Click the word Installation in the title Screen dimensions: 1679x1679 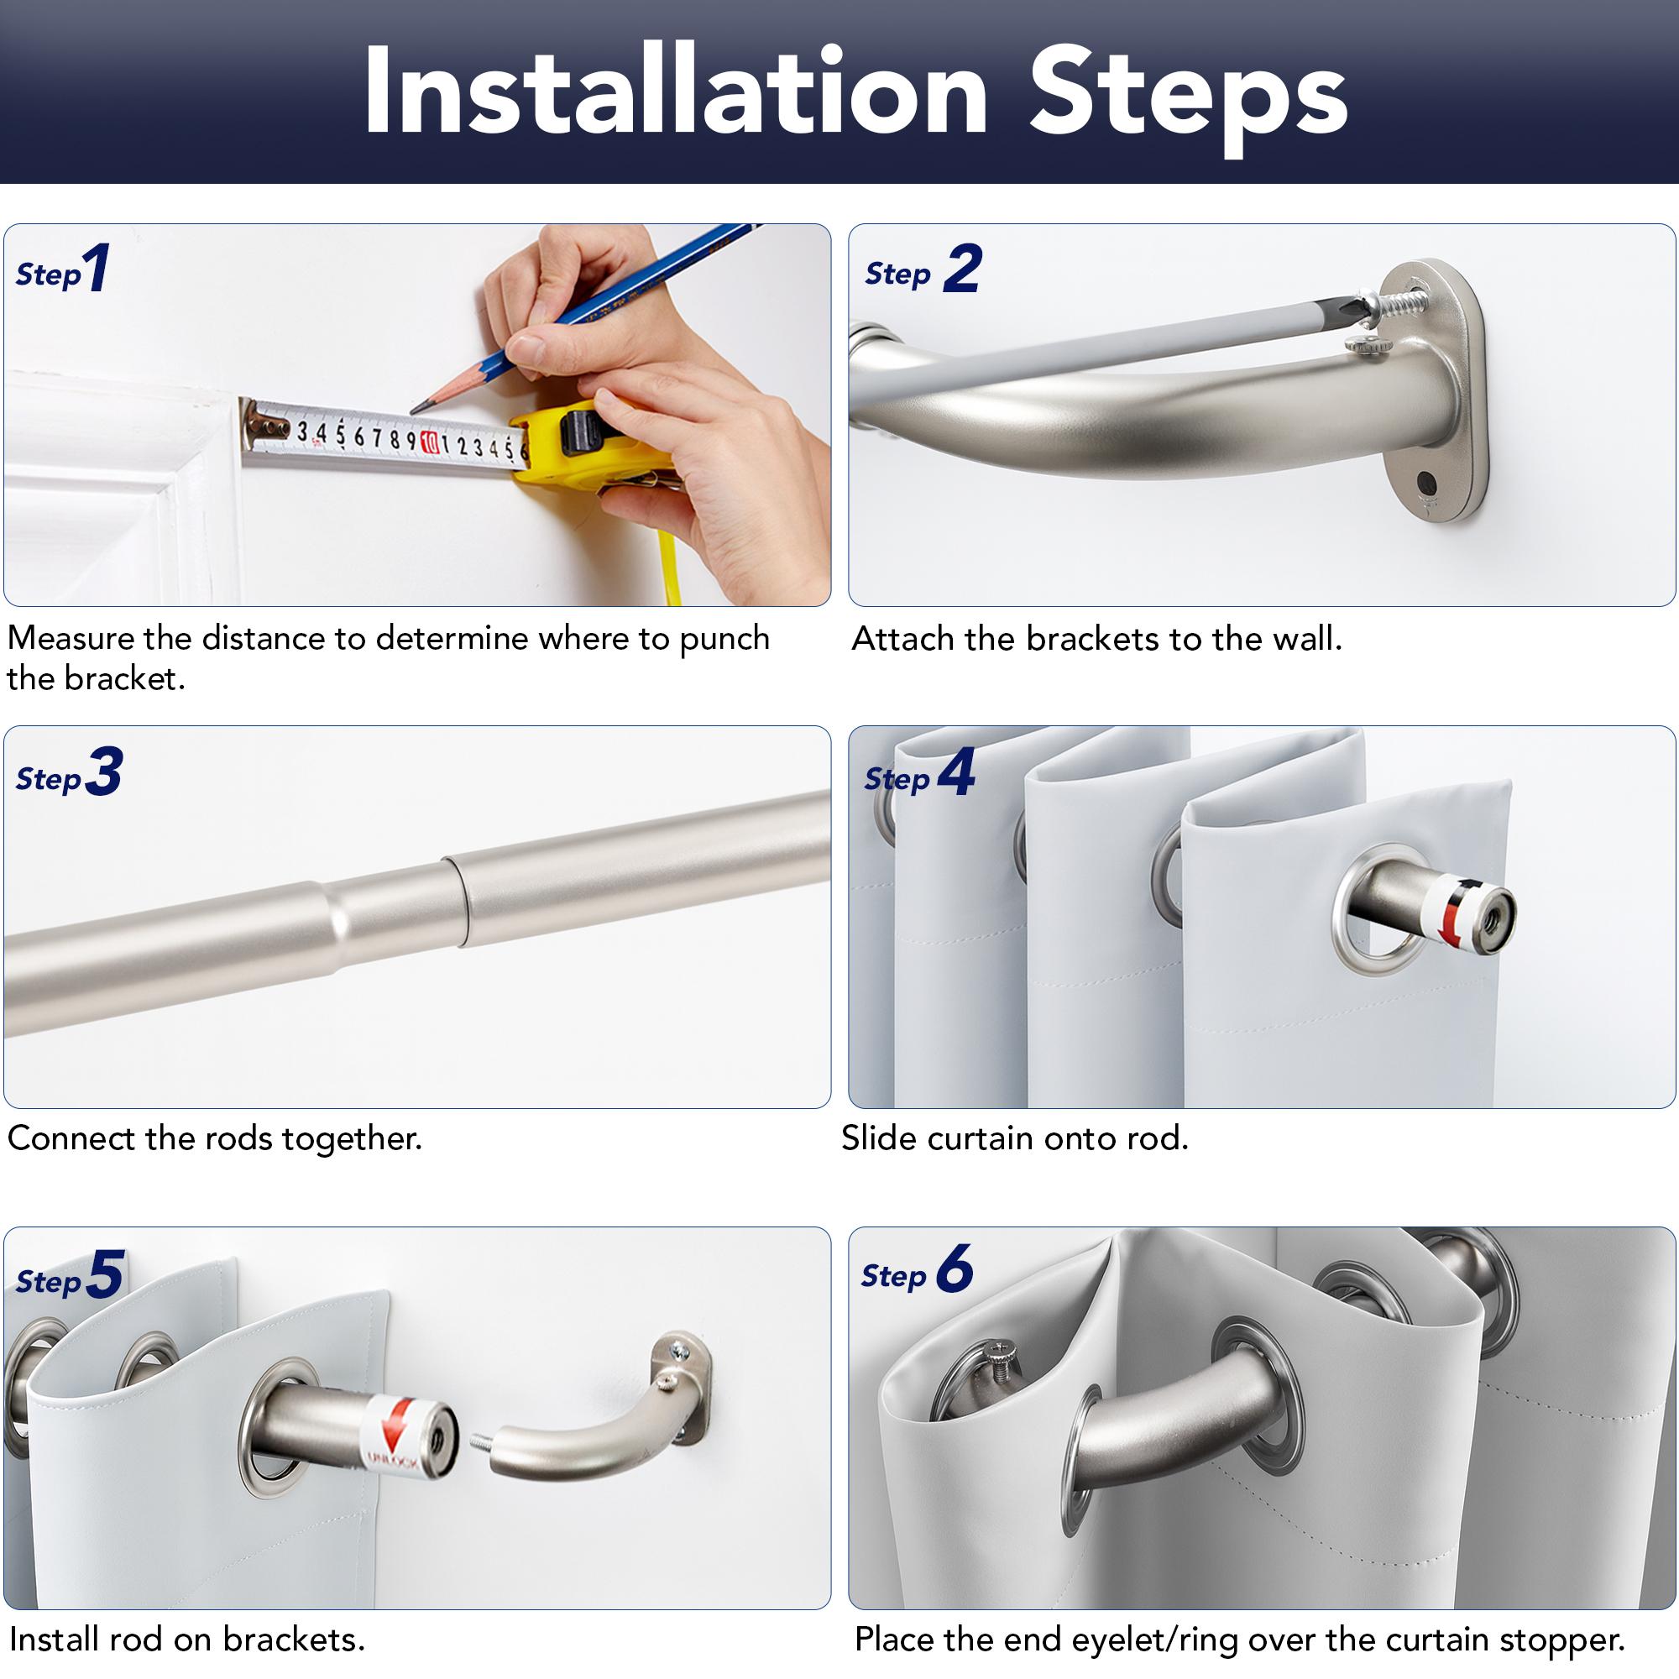pyautogui.click(x=676, y=92)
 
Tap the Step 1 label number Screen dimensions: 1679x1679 pyautogui.click(x=97, y=268)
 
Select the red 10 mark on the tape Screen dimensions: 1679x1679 pyautogui.click(x=429, y=442)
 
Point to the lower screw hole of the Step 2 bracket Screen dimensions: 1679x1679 pyautogui.click(x=1426, y=480)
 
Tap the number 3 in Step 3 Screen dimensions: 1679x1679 pyautogui.click(x=104, y=772)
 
